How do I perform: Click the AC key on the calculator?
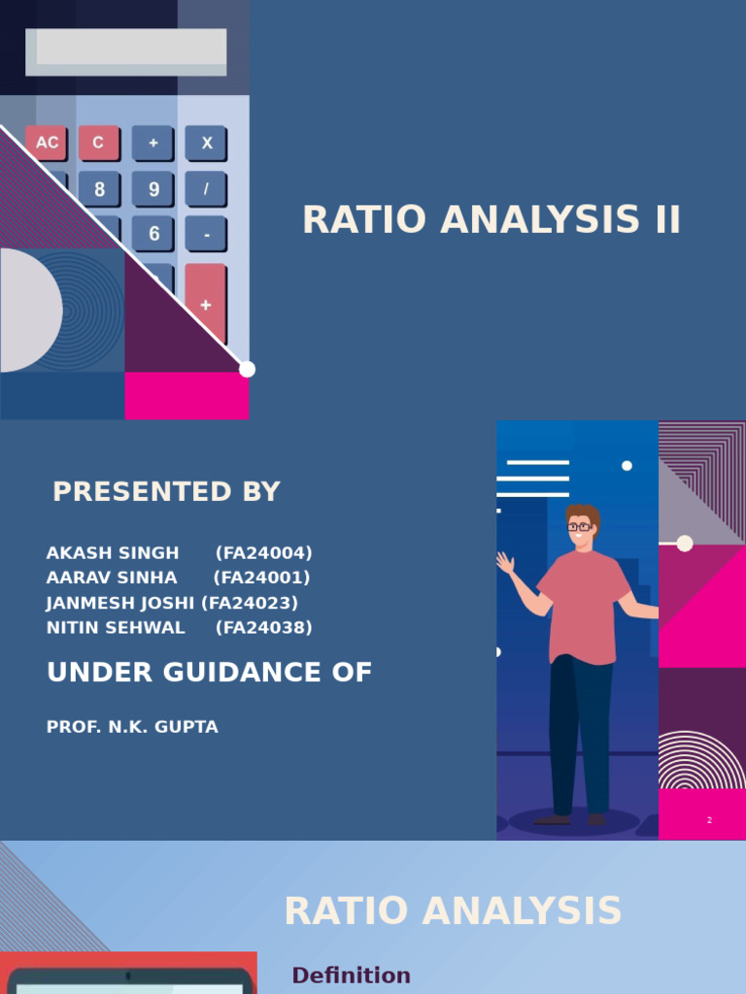click(x=47, y=143)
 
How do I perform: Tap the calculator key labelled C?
click(x=99, y=143)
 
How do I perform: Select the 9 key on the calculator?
click(x=153, y=189)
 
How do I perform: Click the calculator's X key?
click(x=206, y=143)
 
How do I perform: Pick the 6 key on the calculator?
click(x=153, y=234)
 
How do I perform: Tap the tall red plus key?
click(x=206, y=304)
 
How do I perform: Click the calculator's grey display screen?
click(x=126, y=52)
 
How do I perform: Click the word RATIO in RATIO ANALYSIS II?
click(x=364, y=220)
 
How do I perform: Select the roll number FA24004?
click(x=264, y=552)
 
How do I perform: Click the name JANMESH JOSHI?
click(x=120, y=602)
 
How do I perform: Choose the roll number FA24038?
click(x=264, y=628)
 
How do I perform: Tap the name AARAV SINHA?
click(x=112, y=578)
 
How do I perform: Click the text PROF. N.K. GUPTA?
click(x=132, y=727)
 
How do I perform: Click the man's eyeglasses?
click(x=579, y=527)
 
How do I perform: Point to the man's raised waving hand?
click(x=505, y=562)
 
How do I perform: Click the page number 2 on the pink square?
click(x=709, y=820)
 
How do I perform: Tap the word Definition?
click(x=351, y=975)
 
